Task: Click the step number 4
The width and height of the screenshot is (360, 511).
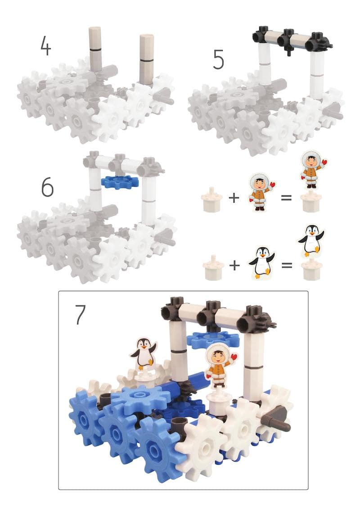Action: [x=45, y=45]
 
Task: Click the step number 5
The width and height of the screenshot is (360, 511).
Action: [x=218, y=59]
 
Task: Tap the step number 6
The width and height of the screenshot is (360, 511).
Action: [x=47, y=187]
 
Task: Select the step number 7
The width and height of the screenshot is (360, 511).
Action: [x=80, y=315]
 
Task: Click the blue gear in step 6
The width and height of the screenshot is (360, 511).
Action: [x=120, y=181]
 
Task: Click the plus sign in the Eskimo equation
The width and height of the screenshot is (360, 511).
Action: [x=234, y=198]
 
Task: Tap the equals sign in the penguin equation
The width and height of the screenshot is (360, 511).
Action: [x=286, y=265]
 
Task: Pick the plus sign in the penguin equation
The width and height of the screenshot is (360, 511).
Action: [x=234, y=265]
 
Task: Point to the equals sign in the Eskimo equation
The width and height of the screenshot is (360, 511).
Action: [x=286, y=197]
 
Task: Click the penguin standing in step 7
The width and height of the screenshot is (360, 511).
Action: [x=144, y=353]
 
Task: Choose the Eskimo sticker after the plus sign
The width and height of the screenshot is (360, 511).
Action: [x=261, y=192]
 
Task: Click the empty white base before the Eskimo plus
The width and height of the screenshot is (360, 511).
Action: [x=211, y=200]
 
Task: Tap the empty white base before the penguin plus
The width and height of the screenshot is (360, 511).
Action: [x=213, y=268]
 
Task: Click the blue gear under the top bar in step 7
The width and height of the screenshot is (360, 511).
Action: [x=213, y=339]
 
